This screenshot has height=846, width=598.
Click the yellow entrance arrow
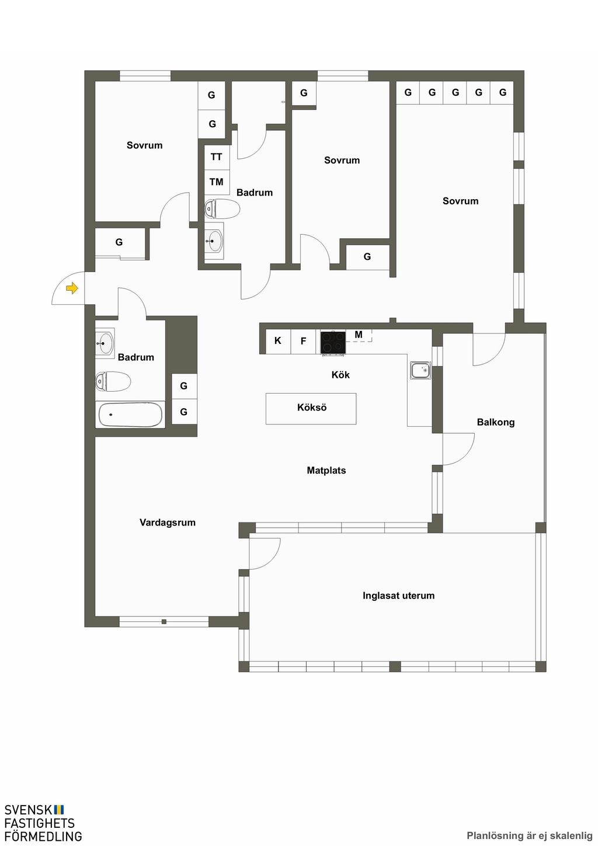[72, 288]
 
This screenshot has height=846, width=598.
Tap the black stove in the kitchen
[333, 343]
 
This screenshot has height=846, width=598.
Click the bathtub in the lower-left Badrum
[130, 415]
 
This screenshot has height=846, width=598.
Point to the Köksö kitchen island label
[312, 408]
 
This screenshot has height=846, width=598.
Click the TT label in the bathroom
[217, 156]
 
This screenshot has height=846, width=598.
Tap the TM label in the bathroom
[217, 182]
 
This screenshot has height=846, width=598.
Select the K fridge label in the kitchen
[277, 340]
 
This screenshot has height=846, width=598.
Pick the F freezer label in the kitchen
[303, 342]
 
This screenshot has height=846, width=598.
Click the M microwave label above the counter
[359, 334]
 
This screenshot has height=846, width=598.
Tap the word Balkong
[496, 422]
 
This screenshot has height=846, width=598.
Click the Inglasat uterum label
[398, 596]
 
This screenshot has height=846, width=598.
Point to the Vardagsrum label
[168, 523]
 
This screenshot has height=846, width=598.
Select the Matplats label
[326, 471]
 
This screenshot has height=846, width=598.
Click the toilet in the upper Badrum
[222, 209]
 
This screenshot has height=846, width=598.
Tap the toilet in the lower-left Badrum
[113, 381]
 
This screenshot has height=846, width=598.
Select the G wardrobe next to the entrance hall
[119, 242]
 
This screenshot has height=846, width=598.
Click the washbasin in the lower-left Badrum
[105, 343]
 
